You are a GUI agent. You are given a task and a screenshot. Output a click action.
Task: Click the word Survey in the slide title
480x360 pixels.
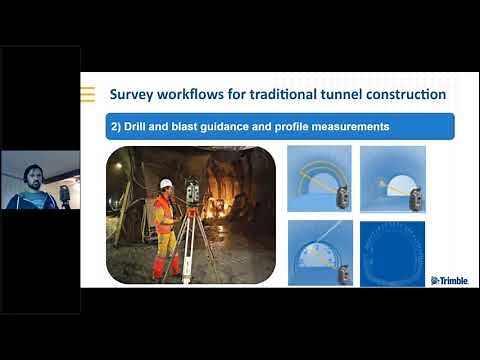[x=132, y=96]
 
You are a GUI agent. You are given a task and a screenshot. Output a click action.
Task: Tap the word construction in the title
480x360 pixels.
[x=409, y=96]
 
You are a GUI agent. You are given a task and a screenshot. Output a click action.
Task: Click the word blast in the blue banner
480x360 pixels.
[x=191, y=127]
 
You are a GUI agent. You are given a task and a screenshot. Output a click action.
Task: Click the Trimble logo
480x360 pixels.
[x=448, y=280]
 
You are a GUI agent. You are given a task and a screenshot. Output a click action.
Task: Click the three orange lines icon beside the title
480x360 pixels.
[x=88, y=95]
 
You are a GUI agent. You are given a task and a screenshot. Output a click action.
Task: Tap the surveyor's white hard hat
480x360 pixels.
[x=166, y=184]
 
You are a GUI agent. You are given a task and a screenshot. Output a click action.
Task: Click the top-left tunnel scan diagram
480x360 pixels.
[x=319, y=179]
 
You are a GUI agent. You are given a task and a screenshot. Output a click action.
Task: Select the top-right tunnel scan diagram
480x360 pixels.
[x=392, y=179]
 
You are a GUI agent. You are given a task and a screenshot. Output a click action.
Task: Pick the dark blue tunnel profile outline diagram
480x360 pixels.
[x=392, y=253]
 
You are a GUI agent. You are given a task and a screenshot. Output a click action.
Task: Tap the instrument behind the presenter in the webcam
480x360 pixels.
[x=65, y=192]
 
